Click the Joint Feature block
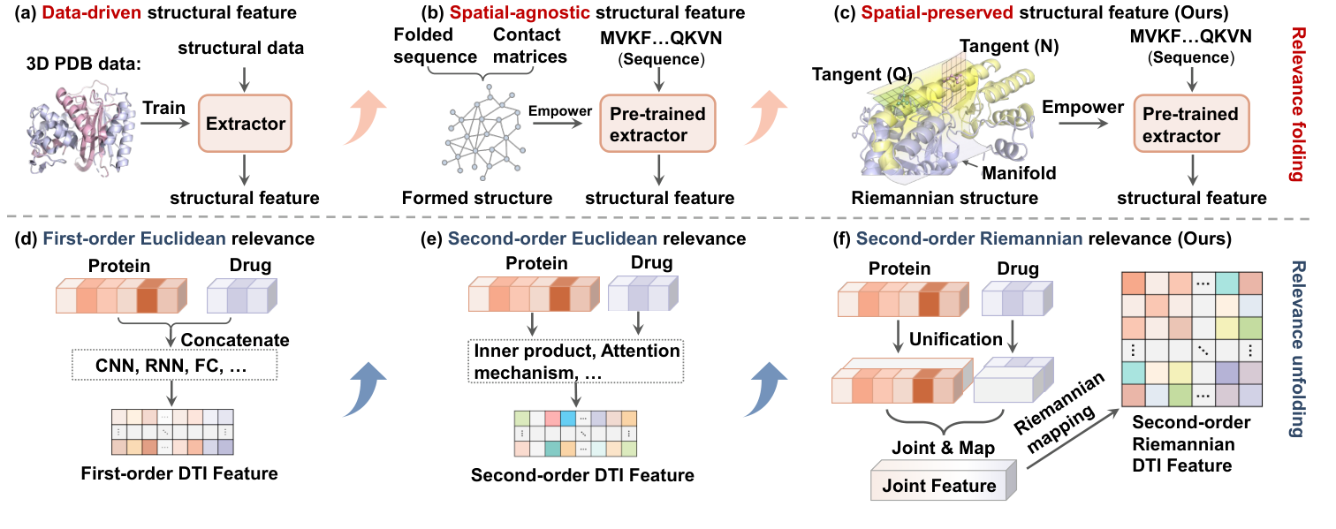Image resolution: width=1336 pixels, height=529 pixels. point(941,485)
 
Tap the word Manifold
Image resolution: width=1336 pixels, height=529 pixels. point(1021,173)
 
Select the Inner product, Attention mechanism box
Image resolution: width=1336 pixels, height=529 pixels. point(577,362)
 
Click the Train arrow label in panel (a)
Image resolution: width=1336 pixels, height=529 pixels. point(165,109)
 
